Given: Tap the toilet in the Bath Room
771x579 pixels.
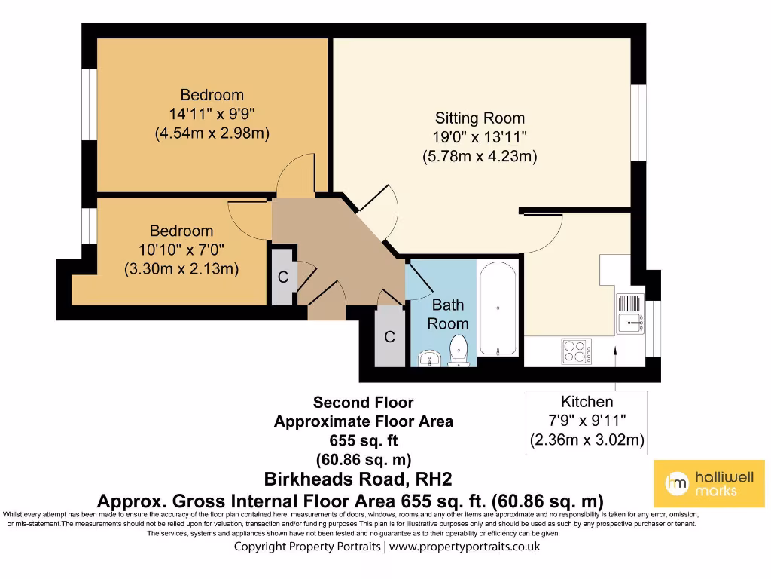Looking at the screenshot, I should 458,352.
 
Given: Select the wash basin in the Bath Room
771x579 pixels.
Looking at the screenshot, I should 429,357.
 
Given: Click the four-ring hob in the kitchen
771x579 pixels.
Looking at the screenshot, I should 576,351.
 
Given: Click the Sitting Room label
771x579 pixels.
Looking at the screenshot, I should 480,118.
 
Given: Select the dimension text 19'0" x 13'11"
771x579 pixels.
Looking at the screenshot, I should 480,137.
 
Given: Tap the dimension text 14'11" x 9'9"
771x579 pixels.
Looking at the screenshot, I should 212,115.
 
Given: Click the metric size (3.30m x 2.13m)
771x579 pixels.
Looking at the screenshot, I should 181,268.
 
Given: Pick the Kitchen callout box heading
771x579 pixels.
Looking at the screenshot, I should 587,402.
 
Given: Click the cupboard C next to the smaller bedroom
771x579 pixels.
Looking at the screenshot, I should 283,277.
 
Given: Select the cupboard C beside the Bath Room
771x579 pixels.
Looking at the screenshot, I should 389,337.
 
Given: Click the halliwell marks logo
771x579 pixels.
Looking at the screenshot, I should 709,483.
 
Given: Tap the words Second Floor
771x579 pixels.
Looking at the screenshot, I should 363,403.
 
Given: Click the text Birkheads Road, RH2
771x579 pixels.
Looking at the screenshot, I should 358,479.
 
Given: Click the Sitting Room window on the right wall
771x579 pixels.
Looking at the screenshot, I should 639,121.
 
